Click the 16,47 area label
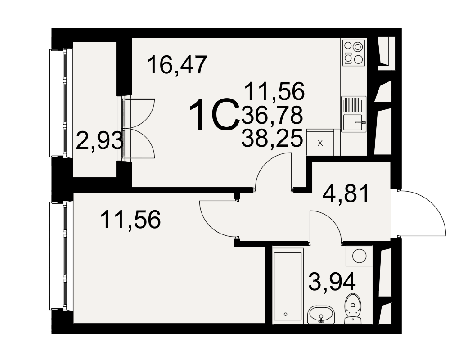click(x=177, y=65)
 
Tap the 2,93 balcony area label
click(x=99, y=140)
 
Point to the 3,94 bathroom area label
click(x=332, y=282)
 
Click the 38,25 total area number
click(x=272, y=138)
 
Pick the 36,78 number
click(x=272, y=115)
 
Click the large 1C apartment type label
click(x=214, y=115)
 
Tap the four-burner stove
click(x=354, y=53)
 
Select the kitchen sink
click(x=354, y=114)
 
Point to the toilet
click(x=353, y=308)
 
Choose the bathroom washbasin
click(x=321, y=315)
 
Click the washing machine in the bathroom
click(x=359, y=256)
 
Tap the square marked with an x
click(x=320, y=143)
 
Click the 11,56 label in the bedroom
click(x=131, y=220)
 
